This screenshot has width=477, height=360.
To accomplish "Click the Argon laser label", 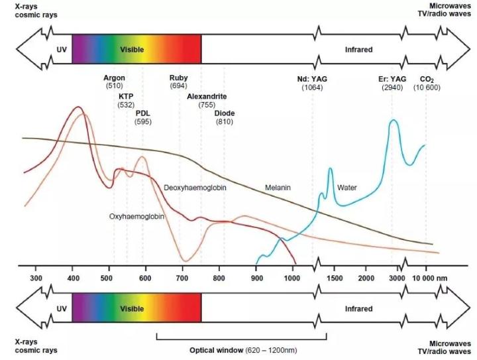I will pos(115,78).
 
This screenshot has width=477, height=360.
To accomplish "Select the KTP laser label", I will pos(126,97).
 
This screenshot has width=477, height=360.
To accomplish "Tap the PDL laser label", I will pos(142,113).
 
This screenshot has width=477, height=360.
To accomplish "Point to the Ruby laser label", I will pos(178,78).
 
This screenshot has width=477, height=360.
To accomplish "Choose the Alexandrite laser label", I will pos(207,97).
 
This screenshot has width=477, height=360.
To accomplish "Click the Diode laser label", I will pos(224,113).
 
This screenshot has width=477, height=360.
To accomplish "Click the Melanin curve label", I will pos(278,188).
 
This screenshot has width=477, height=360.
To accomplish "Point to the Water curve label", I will pos(346,188).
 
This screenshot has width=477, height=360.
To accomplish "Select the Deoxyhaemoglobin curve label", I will pos(195,188).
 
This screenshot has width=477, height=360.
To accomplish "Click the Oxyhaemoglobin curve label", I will pos(137,217).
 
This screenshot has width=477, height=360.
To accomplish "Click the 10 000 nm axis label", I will pos(431,278).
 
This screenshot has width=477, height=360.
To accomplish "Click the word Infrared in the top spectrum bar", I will pos(358,50).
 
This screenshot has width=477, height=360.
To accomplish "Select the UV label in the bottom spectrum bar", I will pos(62,309).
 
